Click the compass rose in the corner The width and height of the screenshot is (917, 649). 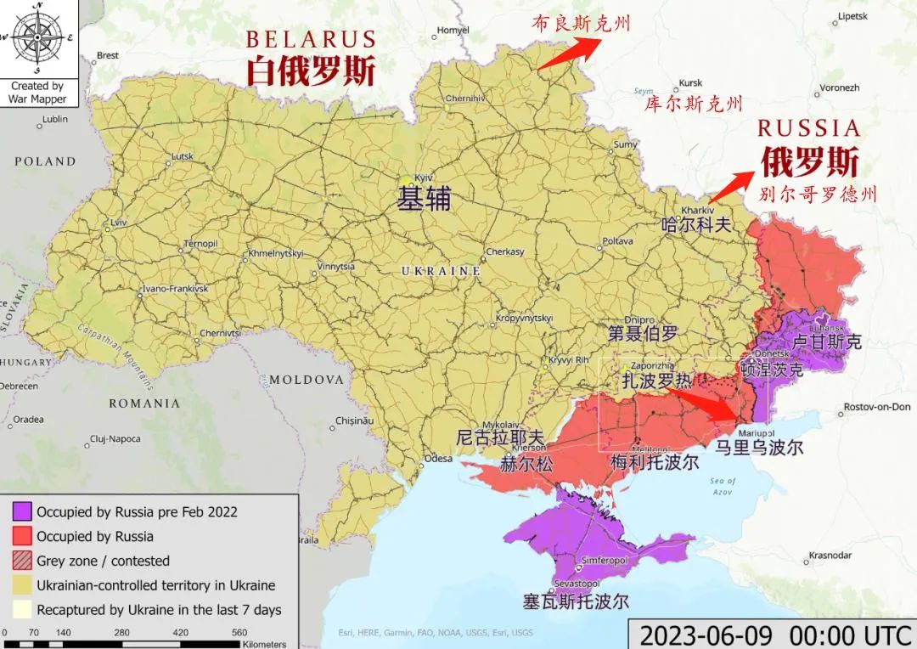[37, 38]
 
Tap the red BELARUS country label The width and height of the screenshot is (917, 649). [311, 40]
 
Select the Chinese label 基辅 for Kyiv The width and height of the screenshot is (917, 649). [424, 199]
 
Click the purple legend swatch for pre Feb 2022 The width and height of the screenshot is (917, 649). [23, 511]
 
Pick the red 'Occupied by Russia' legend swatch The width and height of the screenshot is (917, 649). [23, 536]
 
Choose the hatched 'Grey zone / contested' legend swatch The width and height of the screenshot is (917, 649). [23, 561]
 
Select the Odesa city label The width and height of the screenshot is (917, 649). [438, 458]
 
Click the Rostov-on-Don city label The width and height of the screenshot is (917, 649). [876, 407]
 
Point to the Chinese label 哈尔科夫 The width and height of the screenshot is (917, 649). [695, 225]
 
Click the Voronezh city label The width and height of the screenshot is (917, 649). [839, 87]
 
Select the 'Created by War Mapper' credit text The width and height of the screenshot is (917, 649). [37, 93]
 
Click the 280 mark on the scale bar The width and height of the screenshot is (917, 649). [121, 632]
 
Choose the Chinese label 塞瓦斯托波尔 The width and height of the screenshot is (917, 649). [576, 601]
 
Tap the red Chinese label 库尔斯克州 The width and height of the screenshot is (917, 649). [693, 105]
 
